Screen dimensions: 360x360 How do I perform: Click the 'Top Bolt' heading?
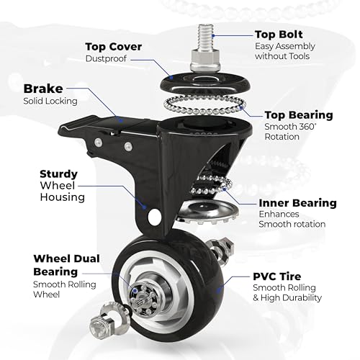tap(279, 35)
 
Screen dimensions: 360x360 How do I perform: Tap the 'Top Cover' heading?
tap(114, 47)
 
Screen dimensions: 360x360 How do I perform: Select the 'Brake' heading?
tap(43, 89)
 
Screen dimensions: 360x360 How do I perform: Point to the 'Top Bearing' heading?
tap(299, 115)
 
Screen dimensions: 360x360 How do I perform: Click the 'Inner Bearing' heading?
tap(297, 203)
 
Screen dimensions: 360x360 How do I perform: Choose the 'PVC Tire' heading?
tap(277, 276)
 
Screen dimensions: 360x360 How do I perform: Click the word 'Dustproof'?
tap(106, 58)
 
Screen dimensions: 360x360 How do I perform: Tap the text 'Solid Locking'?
tap(50, 101)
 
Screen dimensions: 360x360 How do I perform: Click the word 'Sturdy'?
tap(59, 174)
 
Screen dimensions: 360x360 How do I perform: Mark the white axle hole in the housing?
tap(154, 217)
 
